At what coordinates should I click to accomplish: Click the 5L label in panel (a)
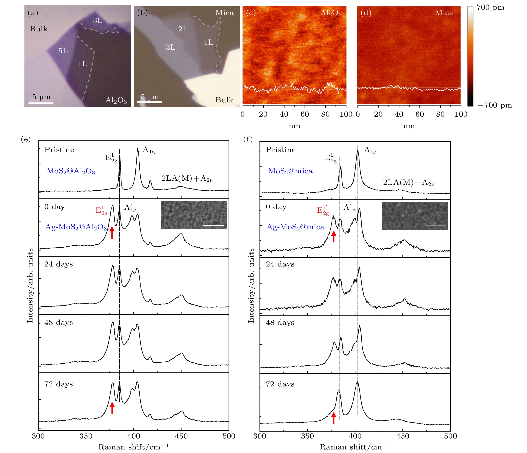click(63, 51)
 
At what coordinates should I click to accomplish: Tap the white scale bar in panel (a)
click(41, 103)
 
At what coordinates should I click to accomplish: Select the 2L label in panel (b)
click(183, 29)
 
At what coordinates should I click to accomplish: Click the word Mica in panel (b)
click(224, 13)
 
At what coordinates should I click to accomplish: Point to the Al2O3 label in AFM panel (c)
click(331, 13)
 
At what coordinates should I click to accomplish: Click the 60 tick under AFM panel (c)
click(305, 114)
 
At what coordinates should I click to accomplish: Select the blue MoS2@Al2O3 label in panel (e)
click(71, 171)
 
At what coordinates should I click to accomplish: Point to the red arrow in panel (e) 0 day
click(112, 232)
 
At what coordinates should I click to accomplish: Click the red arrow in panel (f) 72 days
click(334, 418)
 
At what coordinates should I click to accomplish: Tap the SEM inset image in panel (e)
click(194, 215)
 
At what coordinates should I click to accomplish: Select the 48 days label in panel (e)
click(58, 323)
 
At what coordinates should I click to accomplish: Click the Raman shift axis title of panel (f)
click(355, 447)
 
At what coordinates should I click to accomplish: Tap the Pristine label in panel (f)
click(281, 150)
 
